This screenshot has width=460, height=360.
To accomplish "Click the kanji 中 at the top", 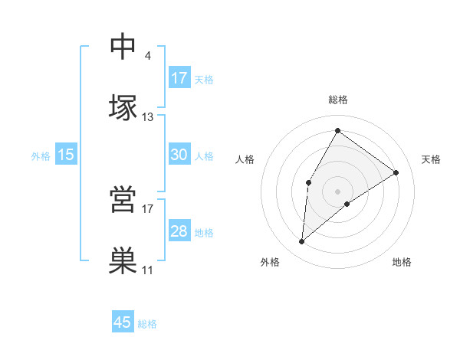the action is click(123, 47).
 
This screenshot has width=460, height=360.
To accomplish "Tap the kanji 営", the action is click(123, 199).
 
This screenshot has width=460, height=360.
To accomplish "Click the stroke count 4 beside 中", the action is click(147, 55).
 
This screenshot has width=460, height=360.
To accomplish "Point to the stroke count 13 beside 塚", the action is click(148, 116).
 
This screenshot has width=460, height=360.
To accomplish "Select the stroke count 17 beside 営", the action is click(148, 208).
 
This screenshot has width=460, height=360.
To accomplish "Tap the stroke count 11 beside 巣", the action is click(148, 270).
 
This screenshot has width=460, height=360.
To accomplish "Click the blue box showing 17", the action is click(179, 78).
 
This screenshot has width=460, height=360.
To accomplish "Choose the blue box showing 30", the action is click(179, 155).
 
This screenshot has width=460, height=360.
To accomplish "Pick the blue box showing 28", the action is click(179, 231).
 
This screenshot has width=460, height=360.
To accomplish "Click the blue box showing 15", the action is click(66, 155).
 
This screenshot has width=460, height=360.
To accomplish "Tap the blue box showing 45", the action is click(123, 322).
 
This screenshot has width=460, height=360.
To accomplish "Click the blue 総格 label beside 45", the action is click(147, 324).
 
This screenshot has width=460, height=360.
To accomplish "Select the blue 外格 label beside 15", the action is click(41, 156).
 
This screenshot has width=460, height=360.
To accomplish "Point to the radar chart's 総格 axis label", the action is click(337, 100).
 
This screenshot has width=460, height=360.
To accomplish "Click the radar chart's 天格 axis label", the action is click(431, 159).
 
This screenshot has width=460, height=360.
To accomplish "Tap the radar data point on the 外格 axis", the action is click(302, 242).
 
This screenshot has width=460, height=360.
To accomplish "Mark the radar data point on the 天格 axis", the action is click(396, 172).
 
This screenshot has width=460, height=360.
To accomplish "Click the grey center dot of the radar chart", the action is click(337, 191).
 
